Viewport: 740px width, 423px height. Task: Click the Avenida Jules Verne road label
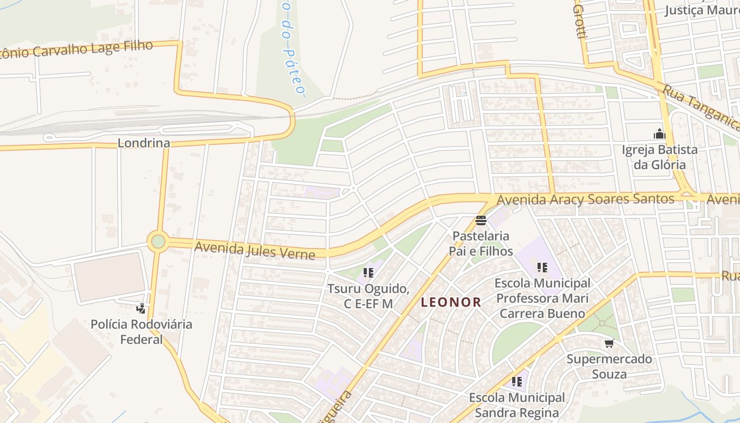pos(255,250)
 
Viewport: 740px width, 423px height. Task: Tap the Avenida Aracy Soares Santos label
pos(586,200)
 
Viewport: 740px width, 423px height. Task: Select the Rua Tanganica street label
pos(701,109)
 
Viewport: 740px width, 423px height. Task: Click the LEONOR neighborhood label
pos(451,302)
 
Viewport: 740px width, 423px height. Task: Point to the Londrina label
pos(144,143)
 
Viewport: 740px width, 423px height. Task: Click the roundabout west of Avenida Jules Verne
pos(158,242)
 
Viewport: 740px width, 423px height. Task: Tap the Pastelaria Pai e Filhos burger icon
pos(480,220)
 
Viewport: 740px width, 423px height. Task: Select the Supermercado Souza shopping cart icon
pos(609,344)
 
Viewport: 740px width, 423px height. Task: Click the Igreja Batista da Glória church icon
pos(659,134)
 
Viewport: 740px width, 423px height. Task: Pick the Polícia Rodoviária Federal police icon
pos(141,308)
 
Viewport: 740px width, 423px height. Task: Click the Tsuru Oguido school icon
pos(368,273)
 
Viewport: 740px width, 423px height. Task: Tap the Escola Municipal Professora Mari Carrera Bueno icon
pos(542,268)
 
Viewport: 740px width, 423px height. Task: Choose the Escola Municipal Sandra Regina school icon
pos(516,382)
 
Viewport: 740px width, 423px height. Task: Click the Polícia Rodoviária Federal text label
pos(141,332)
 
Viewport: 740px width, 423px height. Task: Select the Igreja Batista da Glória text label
pos(659,157)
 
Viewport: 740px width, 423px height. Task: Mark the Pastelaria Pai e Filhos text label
pos(481,243)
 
